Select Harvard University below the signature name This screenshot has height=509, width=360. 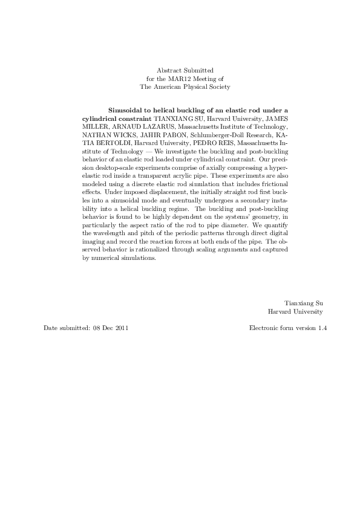tap(296, 312)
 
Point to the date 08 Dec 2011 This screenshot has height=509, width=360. tap(110, 328)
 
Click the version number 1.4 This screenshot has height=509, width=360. tap(322, 328)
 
